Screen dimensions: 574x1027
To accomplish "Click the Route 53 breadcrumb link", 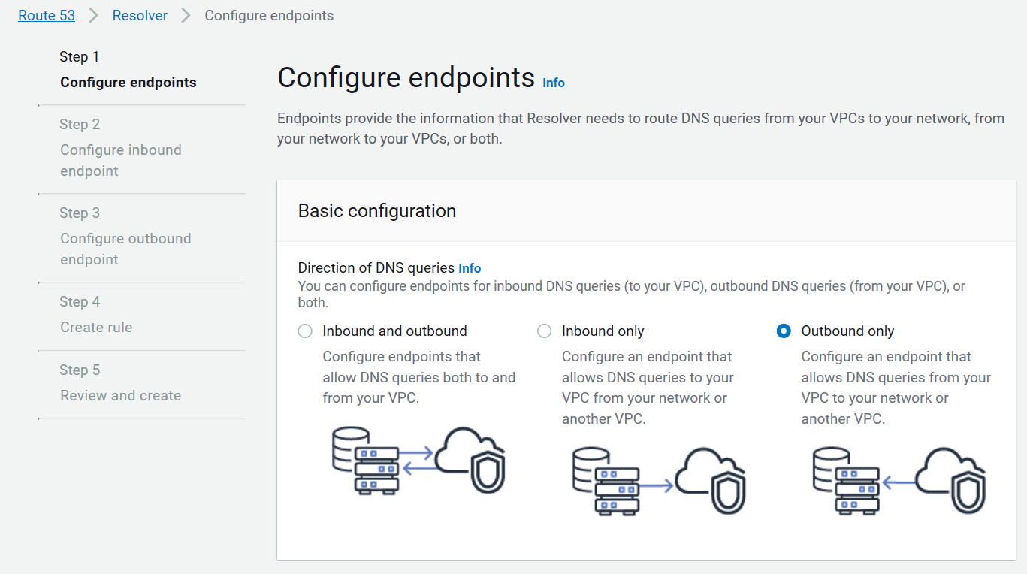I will [x=47, y=16].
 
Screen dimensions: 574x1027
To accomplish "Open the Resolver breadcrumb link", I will [x=140, y=16].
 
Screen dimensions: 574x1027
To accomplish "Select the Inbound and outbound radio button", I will [x=305, y=331].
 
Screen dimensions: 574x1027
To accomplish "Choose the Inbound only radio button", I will [x=545, y=331].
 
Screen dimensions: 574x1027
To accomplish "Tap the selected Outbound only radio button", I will [x=784, y=331].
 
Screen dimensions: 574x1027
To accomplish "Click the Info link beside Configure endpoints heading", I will [x=554, y=83].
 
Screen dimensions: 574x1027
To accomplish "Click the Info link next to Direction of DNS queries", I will [x=470, y=268].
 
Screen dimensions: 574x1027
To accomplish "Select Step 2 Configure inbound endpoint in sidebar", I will [x=120, y=160].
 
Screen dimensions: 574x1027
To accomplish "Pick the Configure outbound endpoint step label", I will [x=125, y=249].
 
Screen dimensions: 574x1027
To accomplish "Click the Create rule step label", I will [x=96, y=328].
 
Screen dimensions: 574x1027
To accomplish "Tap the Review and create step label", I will [x=120, y=396].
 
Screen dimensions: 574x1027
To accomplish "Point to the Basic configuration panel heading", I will [x=377, y=211].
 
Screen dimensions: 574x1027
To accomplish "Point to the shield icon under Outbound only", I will [x=968, y=493].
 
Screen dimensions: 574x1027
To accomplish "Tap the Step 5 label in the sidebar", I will [x=80, y=370].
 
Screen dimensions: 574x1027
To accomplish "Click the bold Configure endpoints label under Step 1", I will [x=128, y=83].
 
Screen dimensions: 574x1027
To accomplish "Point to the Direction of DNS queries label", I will [x=376, y=268].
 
